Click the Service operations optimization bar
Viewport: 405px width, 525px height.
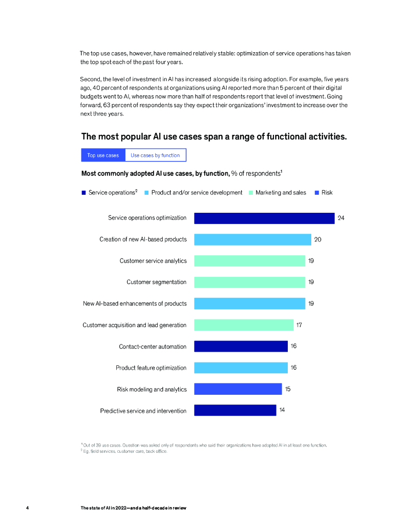[x=264, y=218]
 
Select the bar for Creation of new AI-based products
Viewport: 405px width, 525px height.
[x=252, y=239]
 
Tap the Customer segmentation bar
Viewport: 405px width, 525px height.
[x=249, y=282]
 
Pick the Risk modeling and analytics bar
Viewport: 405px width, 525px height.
[x=238, y=389]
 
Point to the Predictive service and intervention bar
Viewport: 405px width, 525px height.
[x=235, y=410]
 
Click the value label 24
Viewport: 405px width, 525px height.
[x=341, y=218]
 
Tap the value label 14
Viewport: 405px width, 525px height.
[x=282, y=410]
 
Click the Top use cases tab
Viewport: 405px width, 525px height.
[x=103, y=155]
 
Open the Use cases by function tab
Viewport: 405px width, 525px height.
[x=155, y=155]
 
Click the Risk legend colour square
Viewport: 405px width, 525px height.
[x=316, y=193]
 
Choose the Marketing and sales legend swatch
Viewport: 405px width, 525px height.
[x=251, y=193]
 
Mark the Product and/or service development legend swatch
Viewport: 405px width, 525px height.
[x=146, y=193]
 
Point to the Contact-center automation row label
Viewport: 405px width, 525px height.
[x=153, y=347]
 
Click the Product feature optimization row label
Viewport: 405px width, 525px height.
[x=151, y=368]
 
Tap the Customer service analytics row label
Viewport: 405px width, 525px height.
[x=153, y=261]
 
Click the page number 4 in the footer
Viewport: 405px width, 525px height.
[x=27, y=508]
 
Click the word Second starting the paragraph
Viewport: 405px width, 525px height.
[x=90, y=79]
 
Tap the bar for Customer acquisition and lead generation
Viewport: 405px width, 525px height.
[x=244, y=325]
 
